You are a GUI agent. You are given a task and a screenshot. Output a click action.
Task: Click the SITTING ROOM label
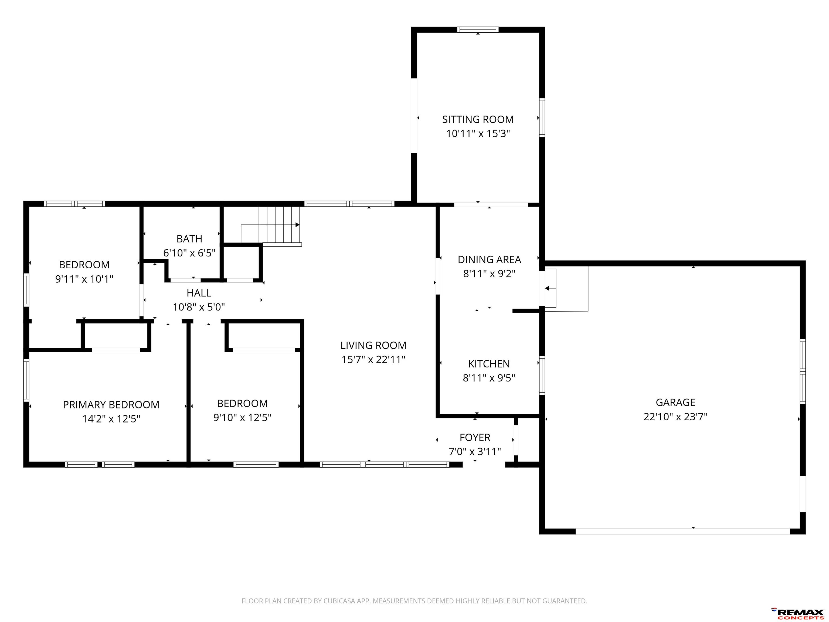(478, 120)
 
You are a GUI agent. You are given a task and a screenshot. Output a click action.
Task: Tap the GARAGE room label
(675, 402)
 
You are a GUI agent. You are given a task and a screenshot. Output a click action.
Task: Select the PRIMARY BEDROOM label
(111, 405)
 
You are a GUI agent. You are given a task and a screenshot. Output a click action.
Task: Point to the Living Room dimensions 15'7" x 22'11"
(373, 360)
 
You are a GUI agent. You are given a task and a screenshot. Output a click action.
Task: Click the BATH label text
(189, 239)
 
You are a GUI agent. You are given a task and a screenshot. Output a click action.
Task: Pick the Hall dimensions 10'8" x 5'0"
(199, 307)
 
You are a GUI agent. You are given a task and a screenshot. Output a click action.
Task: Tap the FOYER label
(475, 438)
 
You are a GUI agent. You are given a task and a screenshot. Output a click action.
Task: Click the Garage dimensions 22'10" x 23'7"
(675, 417)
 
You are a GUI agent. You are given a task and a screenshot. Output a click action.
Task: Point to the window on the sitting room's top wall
(478, 30)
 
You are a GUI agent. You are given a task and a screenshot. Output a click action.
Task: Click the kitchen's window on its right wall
(542, 375)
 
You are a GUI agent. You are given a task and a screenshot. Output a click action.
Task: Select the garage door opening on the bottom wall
(682, 531)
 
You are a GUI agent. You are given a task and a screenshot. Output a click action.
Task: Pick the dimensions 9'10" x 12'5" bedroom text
(243, 418)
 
